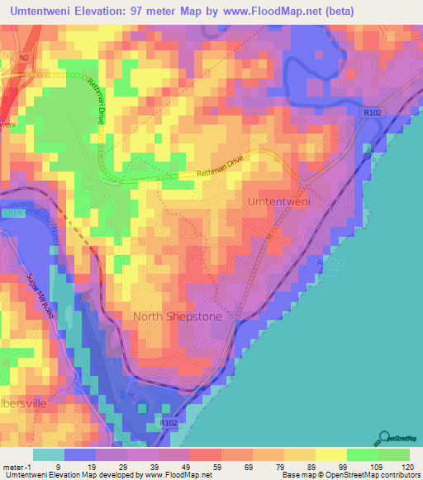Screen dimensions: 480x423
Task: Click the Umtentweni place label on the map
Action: pyautogui.click(x=278, y=200)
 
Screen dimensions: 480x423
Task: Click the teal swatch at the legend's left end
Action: pyautogui.click(x=49, y=454)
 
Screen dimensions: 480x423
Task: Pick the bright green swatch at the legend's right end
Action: pyautogui.click(x=393, y=454)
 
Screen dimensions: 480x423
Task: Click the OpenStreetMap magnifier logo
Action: pyautogui.click(x=384, y=438)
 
